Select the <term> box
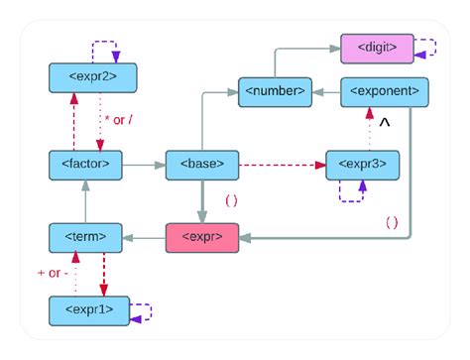(85, 237)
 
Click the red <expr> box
(202, 237)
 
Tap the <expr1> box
(89, 310)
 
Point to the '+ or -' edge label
(54, 273)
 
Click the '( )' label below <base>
(230, 200)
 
